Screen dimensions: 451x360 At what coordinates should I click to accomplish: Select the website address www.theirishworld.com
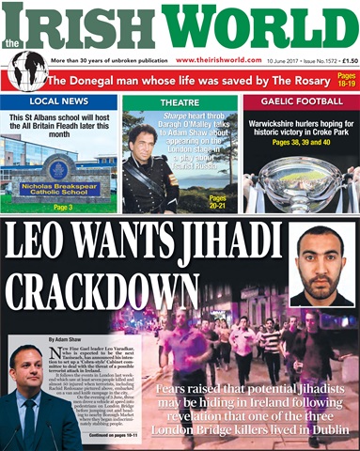[219, 60]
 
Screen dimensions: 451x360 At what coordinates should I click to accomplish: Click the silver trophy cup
[300, 178]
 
